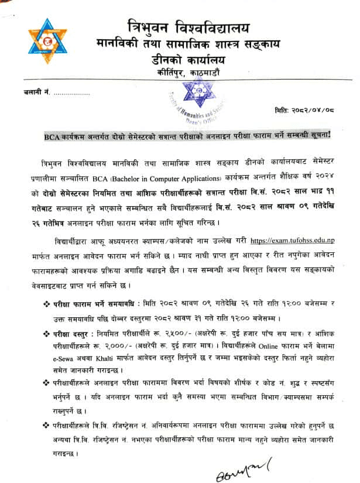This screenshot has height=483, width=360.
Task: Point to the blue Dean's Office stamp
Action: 197,94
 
